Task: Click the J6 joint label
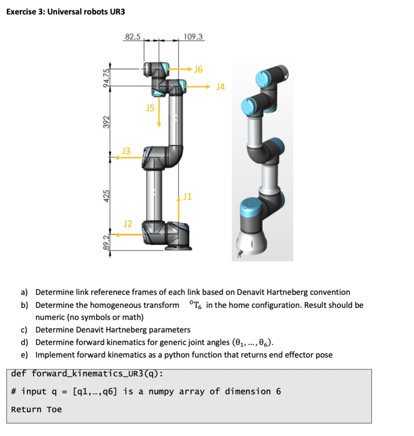[199, 69]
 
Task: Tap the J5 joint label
[150, 107]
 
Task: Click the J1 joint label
[187, 196]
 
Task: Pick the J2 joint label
[127, 223]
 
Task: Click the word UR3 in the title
[117, 12]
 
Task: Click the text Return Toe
[37, 409]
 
